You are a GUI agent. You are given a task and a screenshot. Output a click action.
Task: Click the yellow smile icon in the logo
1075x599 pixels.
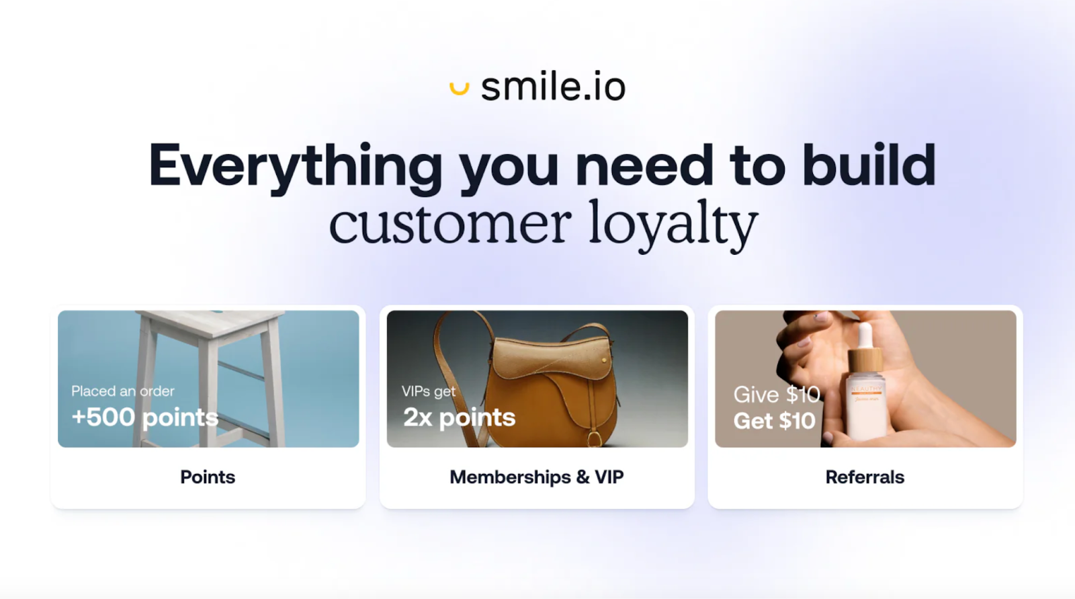[459, 88]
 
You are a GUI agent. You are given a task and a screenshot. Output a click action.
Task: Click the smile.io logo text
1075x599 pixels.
[553, 87]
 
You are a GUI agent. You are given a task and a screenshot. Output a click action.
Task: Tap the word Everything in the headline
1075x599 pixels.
[295, 166]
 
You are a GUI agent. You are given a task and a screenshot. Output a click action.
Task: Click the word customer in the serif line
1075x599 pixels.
[449, 224]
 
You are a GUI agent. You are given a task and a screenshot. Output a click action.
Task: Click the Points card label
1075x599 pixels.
[208, 477]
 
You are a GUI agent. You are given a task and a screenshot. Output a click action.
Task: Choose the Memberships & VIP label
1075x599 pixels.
[536, 477]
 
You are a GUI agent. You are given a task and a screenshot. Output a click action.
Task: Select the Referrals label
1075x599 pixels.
[865, 477]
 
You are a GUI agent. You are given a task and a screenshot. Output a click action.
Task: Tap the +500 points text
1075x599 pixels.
[144, 417]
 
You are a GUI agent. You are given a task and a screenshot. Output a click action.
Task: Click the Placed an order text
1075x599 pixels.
[123, 391]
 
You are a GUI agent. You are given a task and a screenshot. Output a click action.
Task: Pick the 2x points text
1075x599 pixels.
[459, 417]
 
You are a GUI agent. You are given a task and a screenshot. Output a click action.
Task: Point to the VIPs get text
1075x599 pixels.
[428, 391]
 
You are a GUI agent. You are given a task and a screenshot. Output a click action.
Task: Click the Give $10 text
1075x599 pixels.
[776, 394]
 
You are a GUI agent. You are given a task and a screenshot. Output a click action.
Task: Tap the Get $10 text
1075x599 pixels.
[774, 421]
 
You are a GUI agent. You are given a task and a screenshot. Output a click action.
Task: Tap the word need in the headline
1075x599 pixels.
[644, 166]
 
